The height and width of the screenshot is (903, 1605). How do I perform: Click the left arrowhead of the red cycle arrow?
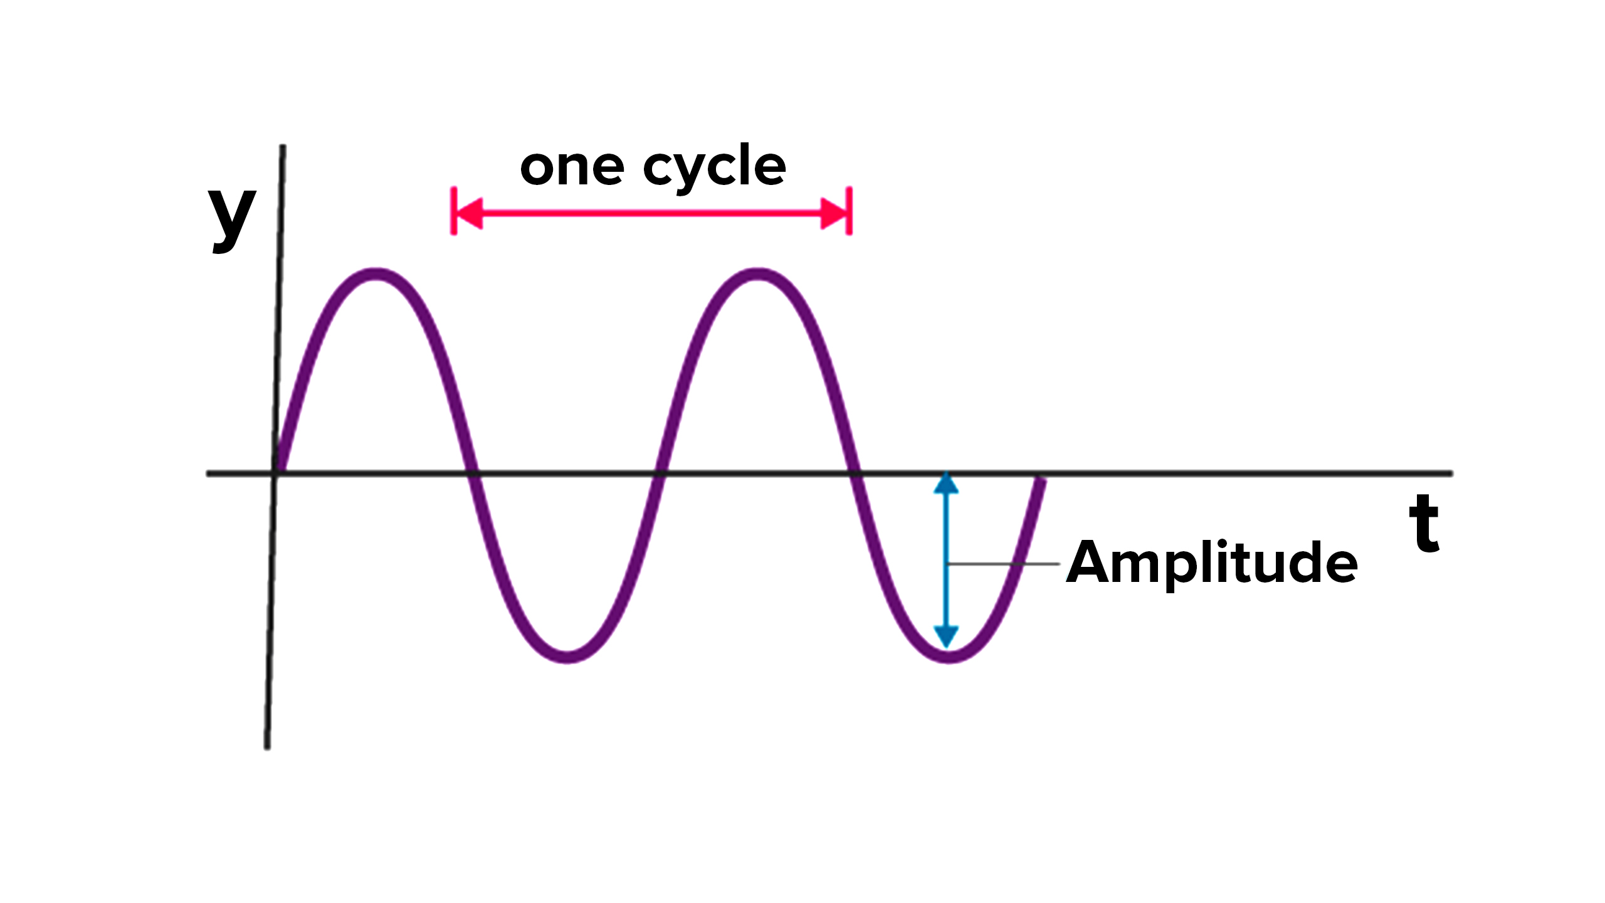(x=470, y=214)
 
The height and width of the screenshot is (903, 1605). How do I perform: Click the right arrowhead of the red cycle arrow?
(x=834, y=214)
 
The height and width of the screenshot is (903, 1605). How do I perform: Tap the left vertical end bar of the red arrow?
(x=453, y=211)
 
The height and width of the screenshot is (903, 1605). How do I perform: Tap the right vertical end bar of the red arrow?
(x=849, y=211)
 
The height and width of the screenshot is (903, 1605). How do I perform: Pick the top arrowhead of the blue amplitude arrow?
(x=946, y=485)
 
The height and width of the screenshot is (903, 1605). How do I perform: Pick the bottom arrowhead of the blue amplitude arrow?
(x=946, y=636)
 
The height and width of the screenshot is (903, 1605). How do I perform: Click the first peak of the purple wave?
(x=375, y=275)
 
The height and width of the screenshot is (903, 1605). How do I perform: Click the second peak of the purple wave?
(x=757, y=275)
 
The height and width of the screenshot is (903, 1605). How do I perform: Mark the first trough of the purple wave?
(x=567, y=656)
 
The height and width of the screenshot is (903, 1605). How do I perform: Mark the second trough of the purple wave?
(x=949, y=656)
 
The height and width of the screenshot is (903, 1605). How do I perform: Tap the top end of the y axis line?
(x=283, y=149)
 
